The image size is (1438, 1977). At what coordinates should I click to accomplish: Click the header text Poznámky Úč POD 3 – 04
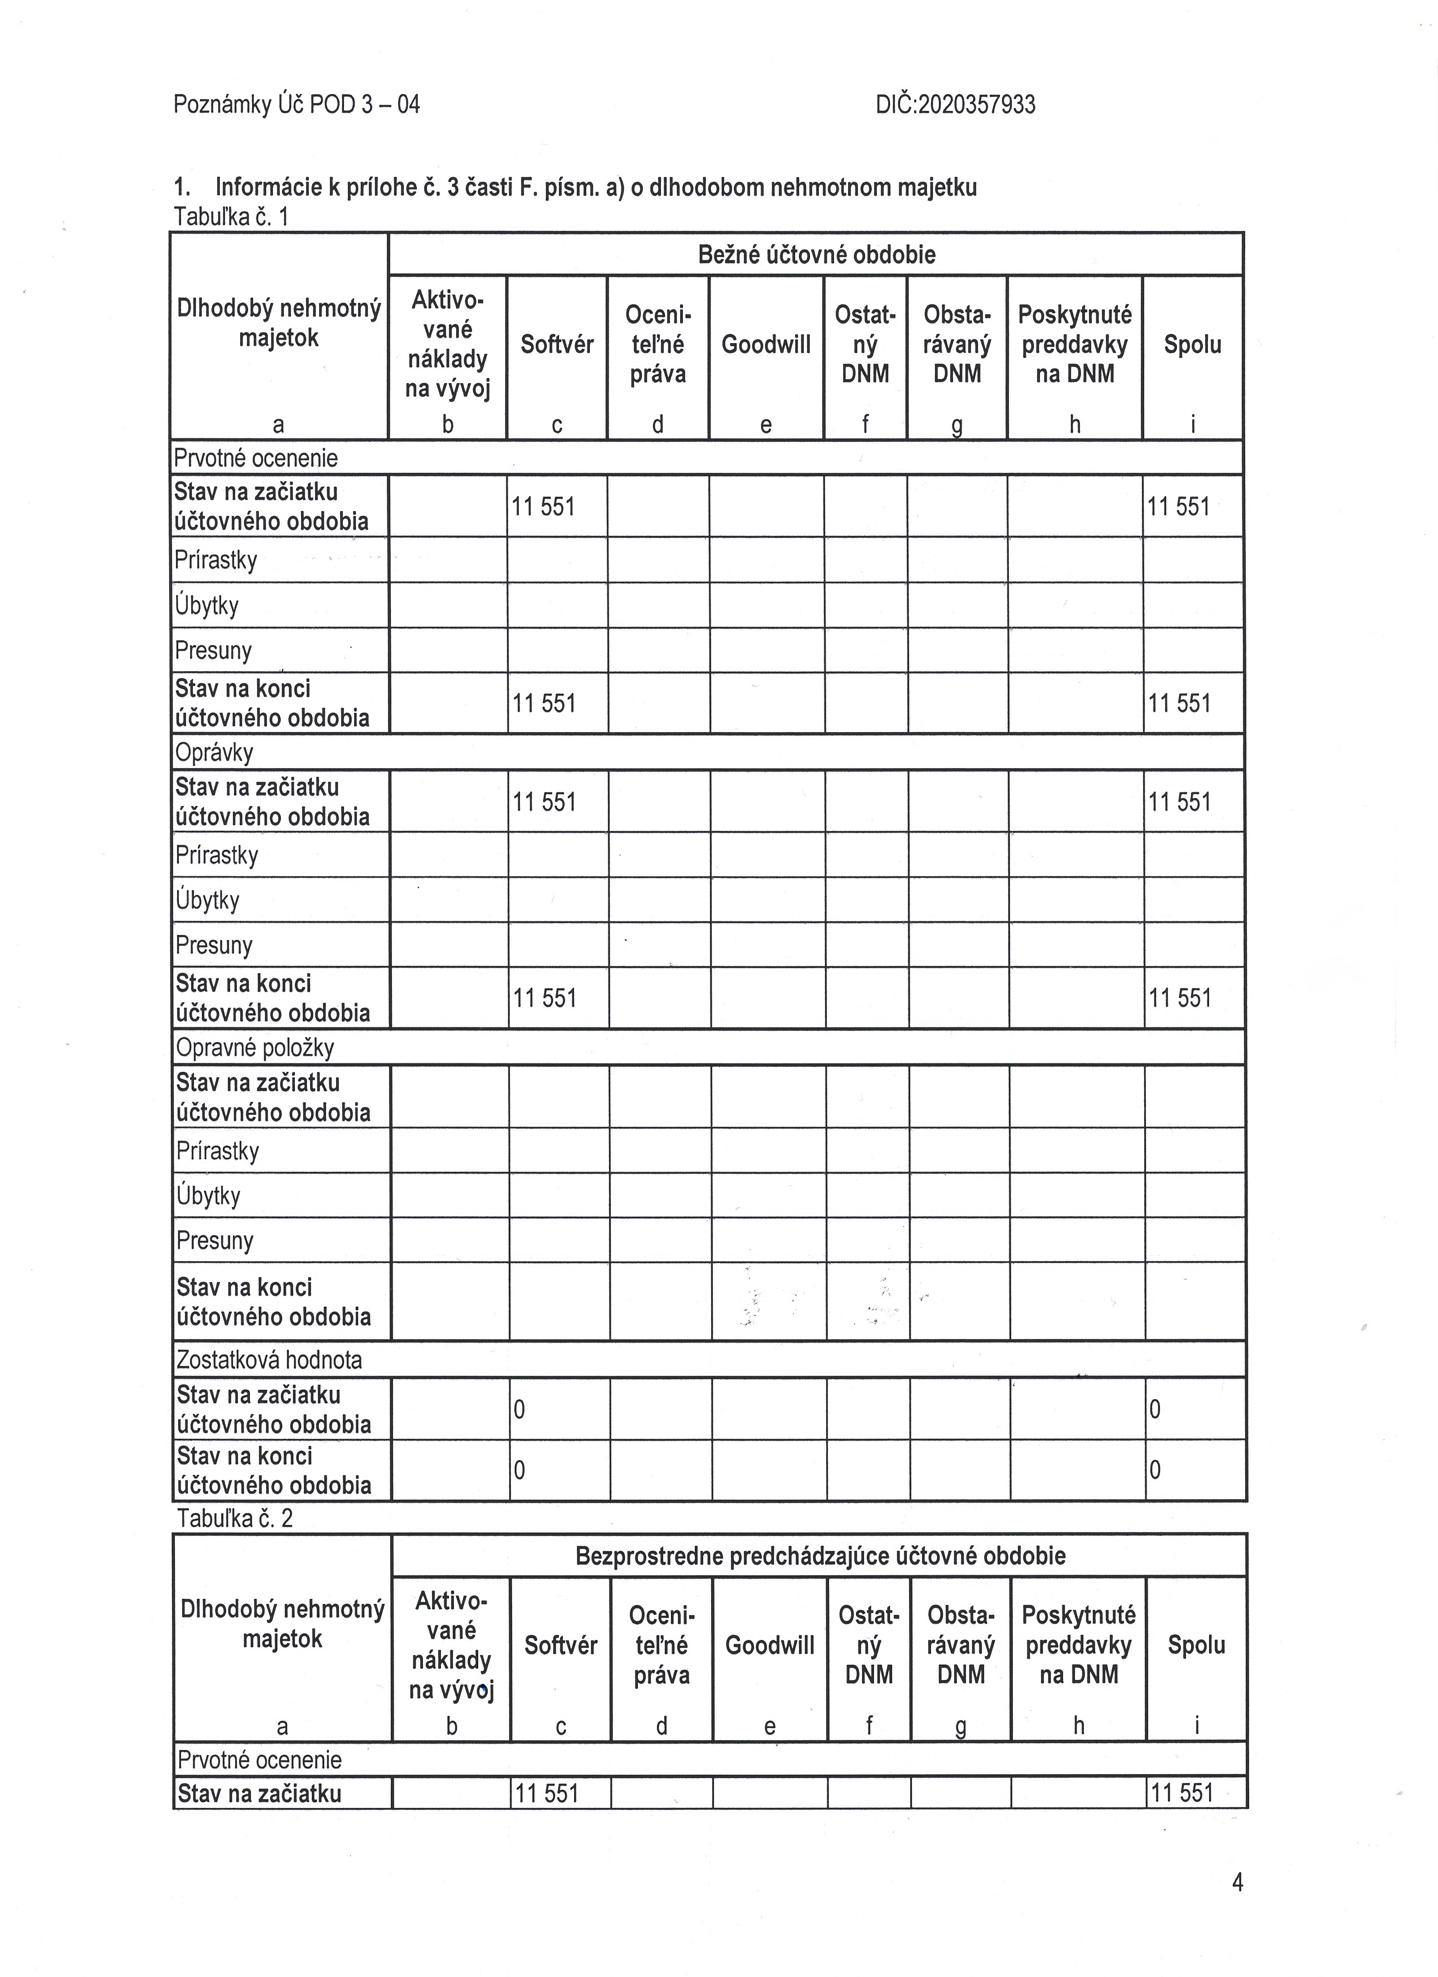(297, 105)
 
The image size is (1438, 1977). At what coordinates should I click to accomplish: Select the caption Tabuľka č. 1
(231, 216)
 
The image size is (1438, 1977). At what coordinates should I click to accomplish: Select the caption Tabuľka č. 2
(235, 1518)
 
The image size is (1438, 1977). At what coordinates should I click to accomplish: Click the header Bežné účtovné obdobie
(816, 255)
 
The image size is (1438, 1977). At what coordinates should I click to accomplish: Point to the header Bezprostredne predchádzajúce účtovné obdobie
(820, 1556)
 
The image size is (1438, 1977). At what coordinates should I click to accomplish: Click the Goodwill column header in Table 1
(766, 344)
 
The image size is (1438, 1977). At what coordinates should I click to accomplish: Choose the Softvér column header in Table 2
(561, 1645)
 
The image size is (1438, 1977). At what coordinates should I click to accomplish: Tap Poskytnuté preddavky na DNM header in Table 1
(1074, 344)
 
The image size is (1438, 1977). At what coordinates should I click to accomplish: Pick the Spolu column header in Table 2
(1197, 1645)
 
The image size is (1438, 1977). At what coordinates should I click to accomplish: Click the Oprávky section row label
(214, 752)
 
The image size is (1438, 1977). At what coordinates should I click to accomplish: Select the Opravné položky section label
(255, 1047)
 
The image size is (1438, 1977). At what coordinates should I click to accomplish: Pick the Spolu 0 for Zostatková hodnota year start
(1154, 1409)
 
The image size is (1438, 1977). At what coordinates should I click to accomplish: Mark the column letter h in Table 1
(1074, 424)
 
